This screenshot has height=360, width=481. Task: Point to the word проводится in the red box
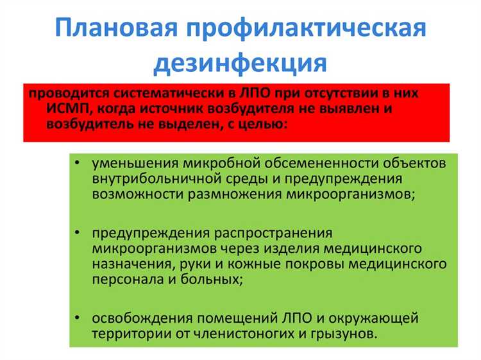[61, 93]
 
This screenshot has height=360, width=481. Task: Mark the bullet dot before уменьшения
[77, 163]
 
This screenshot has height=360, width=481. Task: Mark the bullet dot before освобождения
[77, 318]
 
